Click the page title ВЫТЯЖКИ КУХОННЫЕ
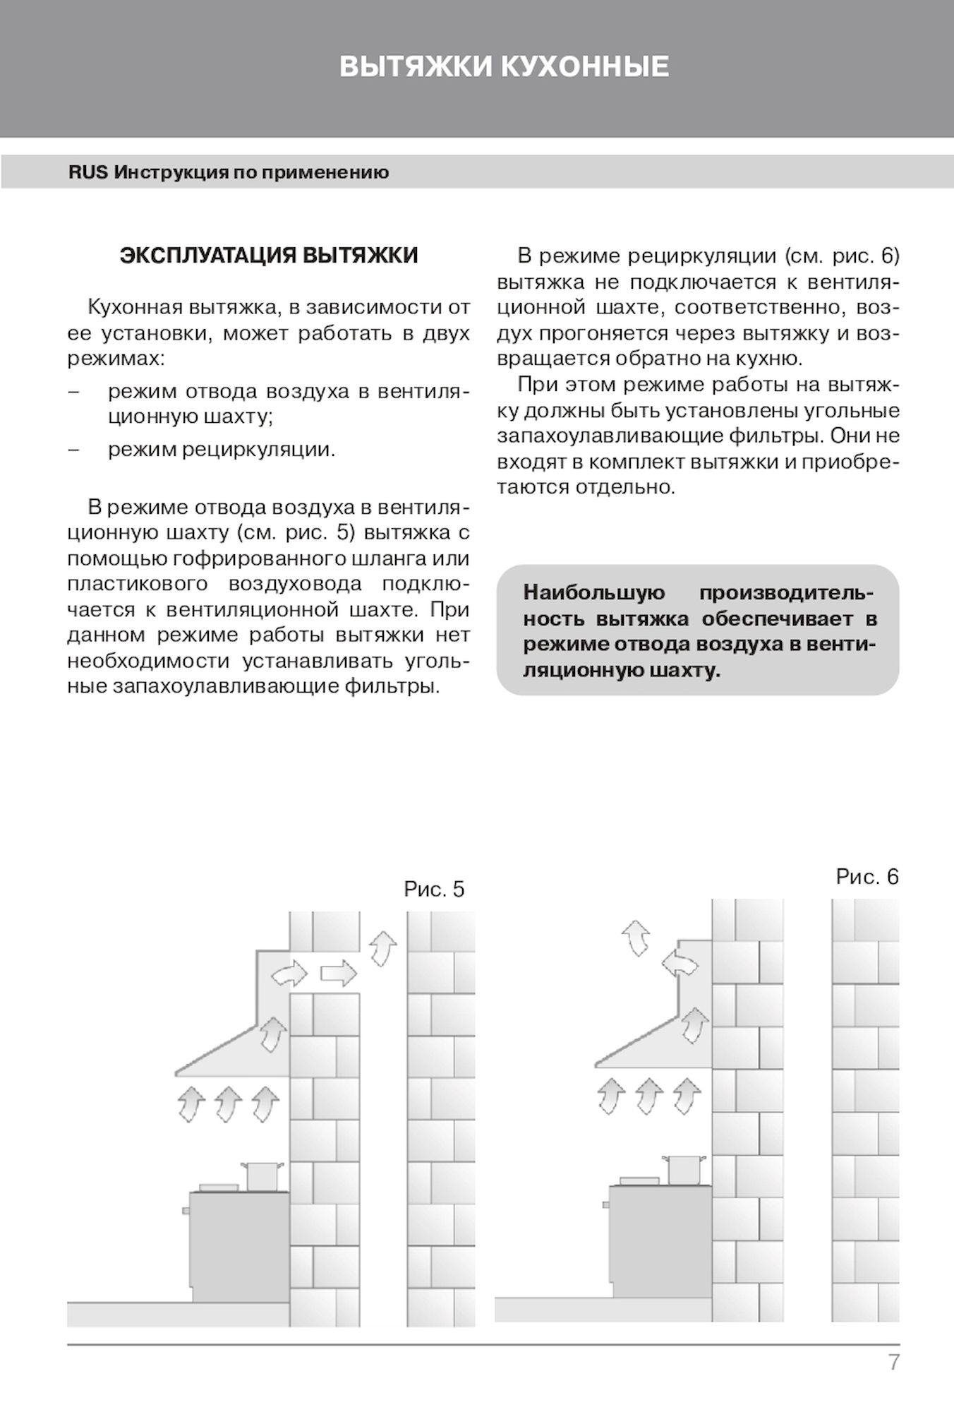point(504,67)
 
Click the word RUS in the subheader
point(88,173)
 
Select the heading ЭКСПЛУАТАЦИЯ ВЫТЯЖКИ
point(269,256)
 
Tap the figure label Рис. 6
point(867,877)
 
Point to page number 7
point(894,1362)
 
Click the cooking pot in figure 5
point(263,1176)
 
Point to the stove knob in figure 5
point(186,1211)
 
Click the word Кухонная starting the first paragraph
point(134,307)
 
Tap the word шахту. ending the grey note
point(684,670)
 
